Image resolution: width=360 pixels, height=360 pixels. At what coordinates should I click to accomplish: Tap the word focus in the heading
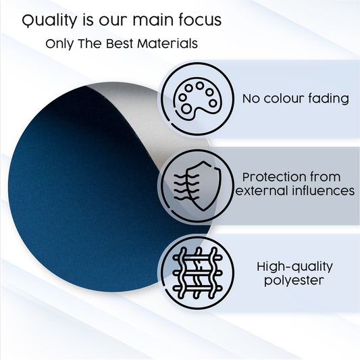(x=197, y=21)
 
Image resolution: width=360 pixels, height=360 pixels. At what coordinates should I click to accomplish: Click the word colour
(x=283, y=99)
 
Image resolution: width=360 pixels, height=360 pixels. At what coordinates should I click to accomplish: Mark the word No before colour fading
(x=251, y=99)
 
